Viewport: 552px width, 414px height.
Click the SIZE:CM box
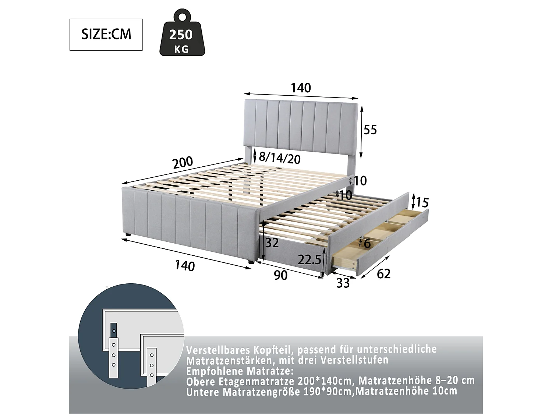106,35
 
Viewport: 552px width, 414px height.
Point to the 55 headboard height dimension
370,130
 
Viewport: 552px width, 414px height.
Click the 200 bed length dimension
183,162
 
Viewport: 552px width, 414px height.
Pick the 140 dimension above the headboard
301,88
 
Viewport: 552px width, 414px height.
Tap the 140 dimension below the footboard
185,265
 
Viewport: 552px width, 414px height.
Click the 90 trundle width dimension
280,275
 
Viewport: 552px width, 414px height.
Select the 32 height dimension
272,243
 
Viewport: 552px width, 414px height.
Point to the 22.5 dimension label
309,260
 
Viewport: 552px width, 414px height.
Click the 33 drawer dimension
343,283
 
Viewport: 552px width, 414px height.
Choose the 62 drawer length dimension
383,274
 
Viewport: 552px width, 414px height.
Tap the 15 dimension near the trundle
422,203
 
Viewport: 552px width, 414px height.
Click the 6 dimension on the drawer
367,243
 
